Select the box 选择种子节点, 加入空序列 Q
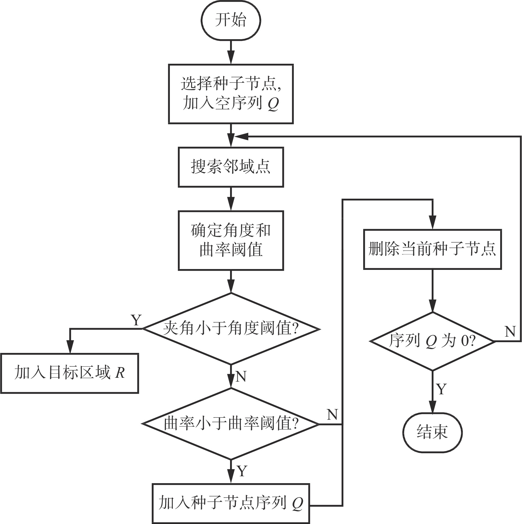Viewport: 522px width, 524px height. [231, 94]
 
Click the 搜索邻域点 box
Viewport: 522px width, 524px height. [231, 167]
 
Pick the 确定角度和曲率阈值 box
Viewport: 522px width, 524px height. [231, 240]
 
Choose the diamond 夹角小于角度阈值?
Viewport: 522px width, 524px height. [231, 329]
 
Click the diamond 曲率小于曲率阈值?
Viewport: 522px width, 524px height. [231, 424]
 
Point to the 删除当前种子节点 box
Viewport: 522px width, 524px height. [432, 249]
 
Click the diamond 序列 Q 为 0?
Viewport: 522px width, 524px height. [432, 342]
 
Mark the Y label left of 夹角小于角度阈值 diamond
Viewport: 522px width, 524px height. [136, 320]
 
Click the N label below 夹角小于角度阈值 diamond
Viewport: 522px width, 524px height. [241, 376]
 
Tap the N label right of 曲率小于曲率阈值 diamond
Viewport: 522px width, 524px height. [332, 414]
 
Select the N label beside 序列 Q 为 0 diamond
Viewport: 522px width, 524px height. [510, 332]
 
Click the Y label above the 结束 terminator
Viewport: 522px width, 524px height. [441, 389]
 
